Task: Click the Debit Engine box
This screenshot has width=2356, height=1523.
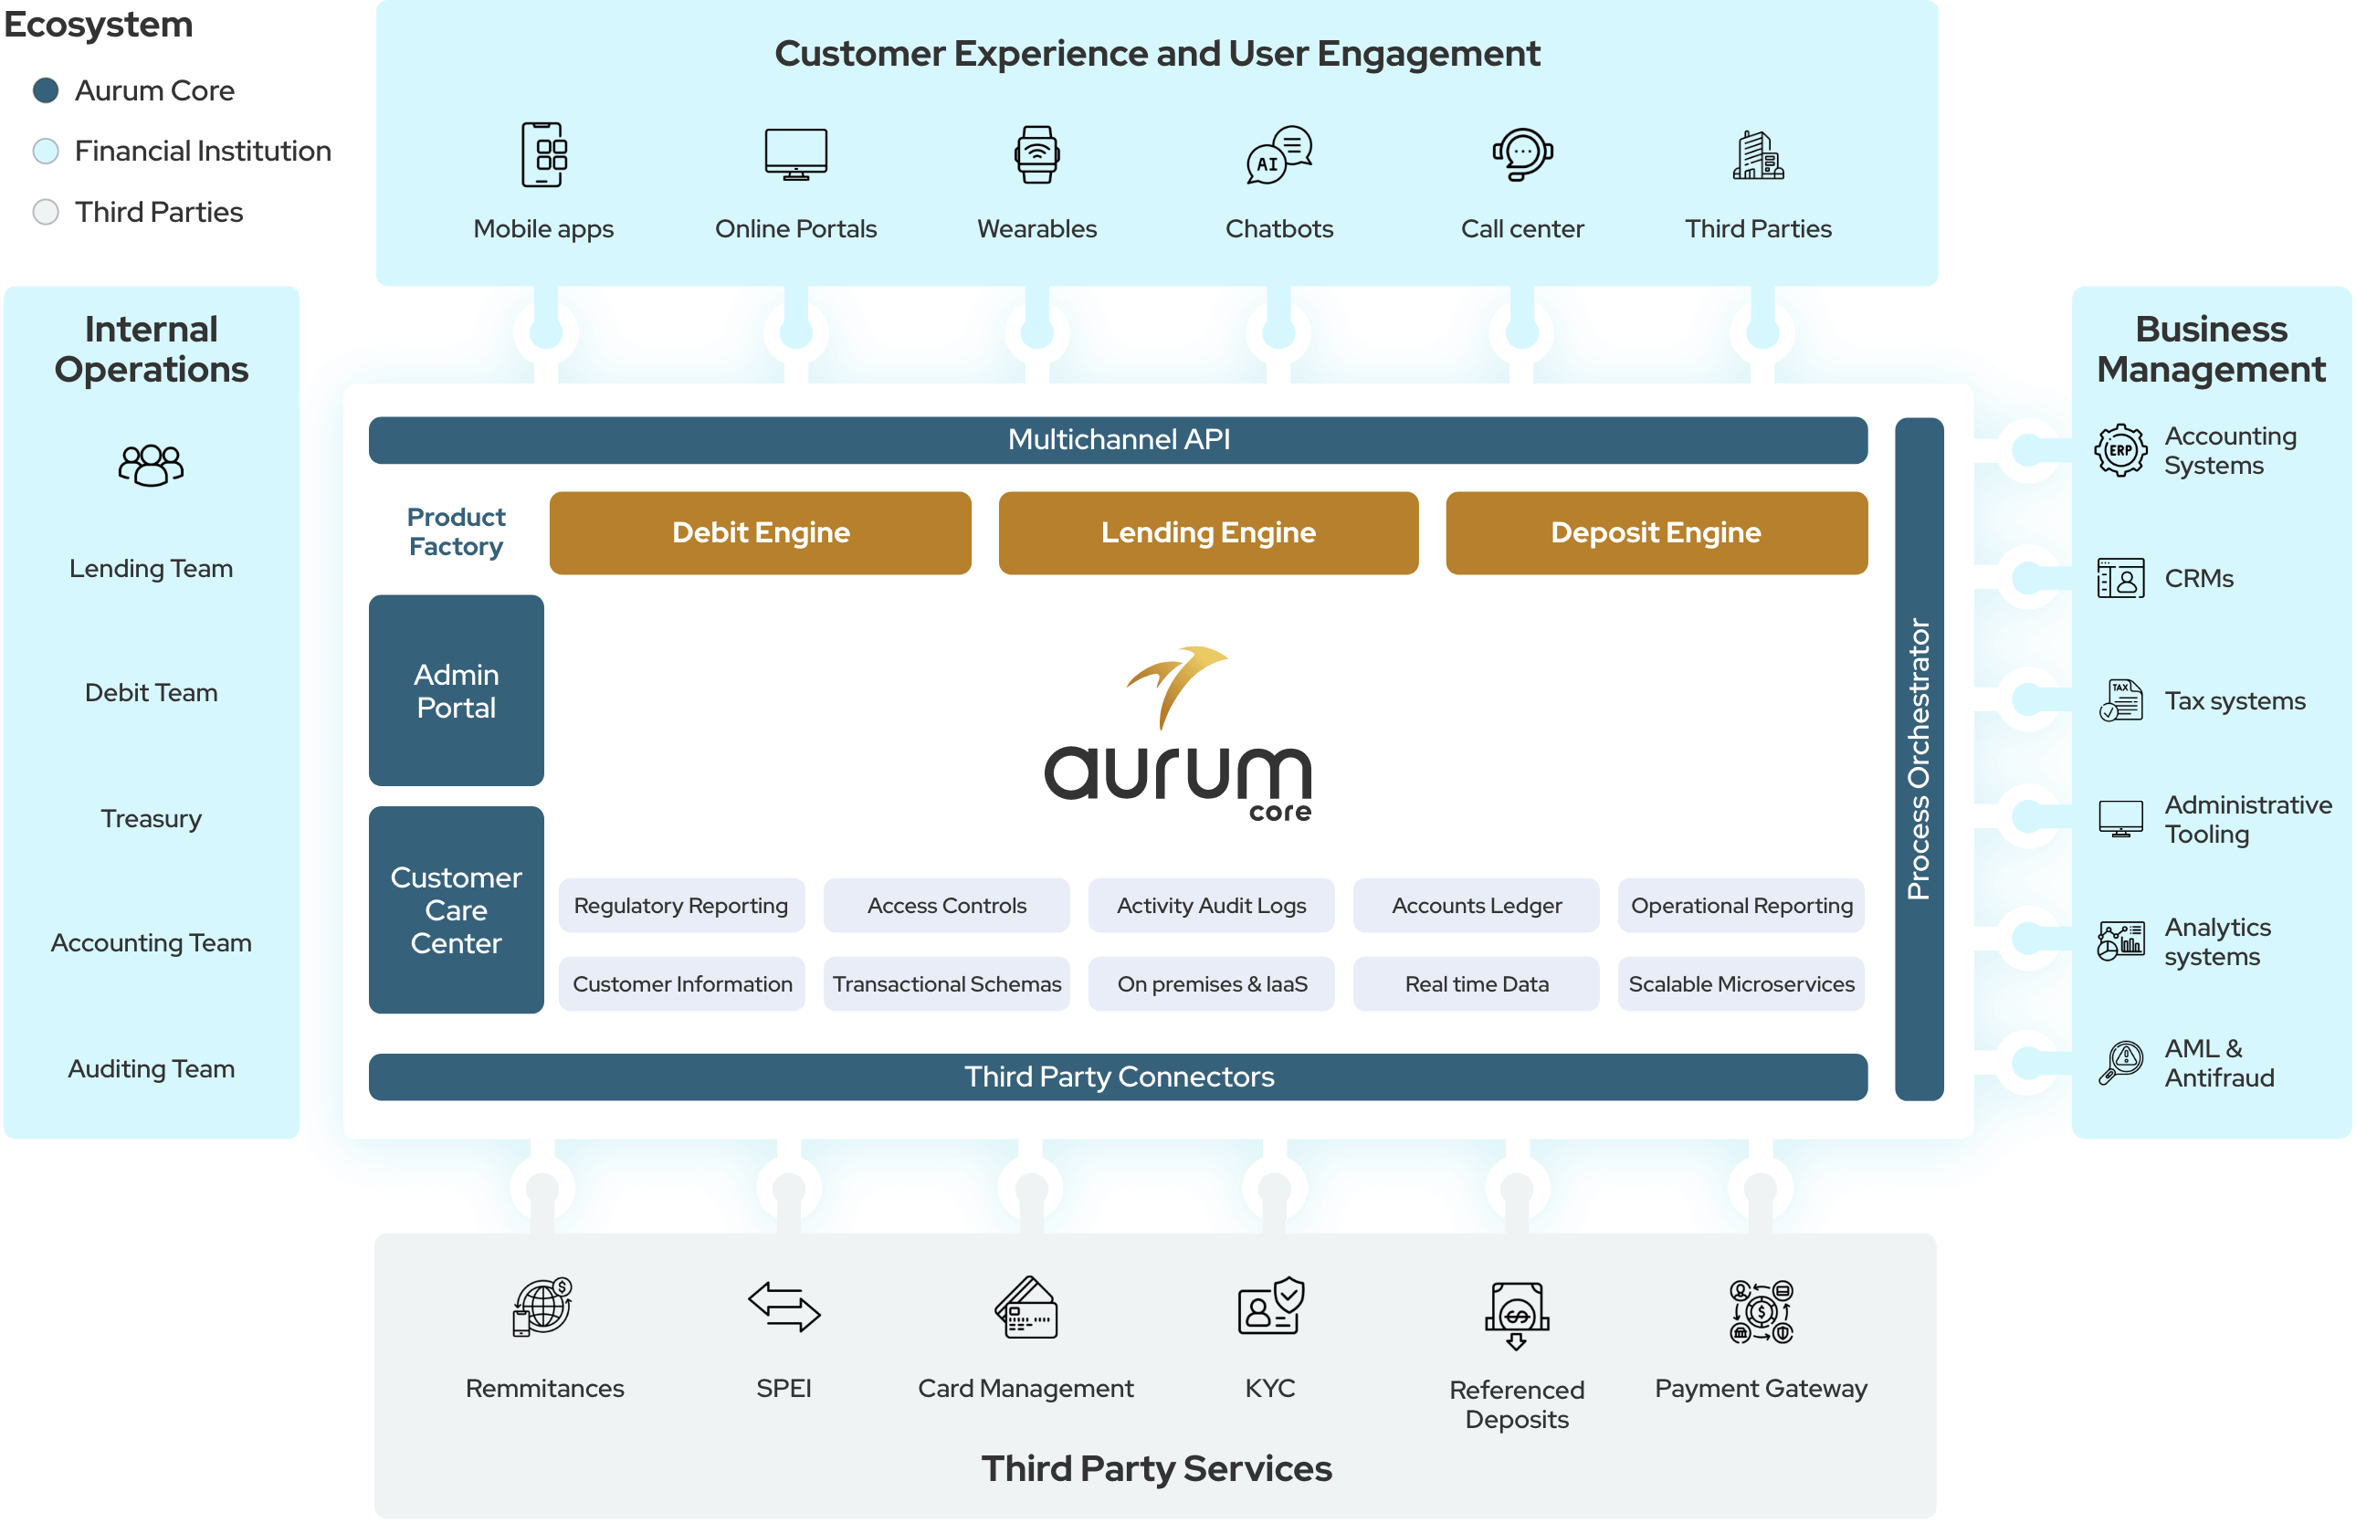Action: tap(760, 533)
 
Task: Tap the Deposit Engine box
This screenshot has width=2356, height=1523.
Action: tap(1656, 533)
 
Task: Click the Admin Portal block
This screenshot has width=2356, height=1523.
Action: tap(456, 690)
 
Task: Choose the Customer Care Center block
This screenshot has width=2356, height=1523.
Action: tap(456, 909)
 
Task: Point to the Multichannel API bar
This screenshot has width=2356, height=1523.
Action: tap(1118, 440)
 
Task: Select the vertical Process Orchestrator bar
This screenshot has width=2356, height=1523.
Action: tap(1919, 759)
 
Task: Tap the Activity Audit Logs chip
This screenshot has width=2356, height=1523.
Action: tap(1211, 905)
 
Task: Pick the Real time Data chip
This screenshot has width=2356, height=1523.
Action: tap(1476, 984)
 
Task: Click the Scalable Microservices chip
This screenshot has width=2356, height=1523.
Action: tap(1741, 984)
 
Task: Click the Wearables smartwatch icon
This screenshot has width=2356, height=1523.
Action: tap(1036, 154)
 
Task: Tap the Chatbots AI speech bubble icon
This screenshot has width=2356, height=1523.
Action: tap(1278, 155)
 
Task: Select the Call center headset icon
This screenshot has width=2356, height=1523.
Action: tap(1522, 154)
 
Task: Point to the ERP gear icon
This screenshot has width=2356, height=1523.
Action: tap(2119, 451)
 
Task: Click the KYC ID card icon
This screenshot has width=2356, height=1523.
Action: tap(1270, 1308)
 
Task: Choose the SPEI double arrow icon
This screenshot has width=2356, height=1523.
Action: tap(784, 1307)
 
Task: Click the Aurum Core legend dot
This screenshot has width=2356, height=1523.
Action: tap(46, 91)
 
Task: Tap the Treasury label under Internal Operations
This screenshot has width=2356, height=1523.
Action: tap(152, 819)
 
